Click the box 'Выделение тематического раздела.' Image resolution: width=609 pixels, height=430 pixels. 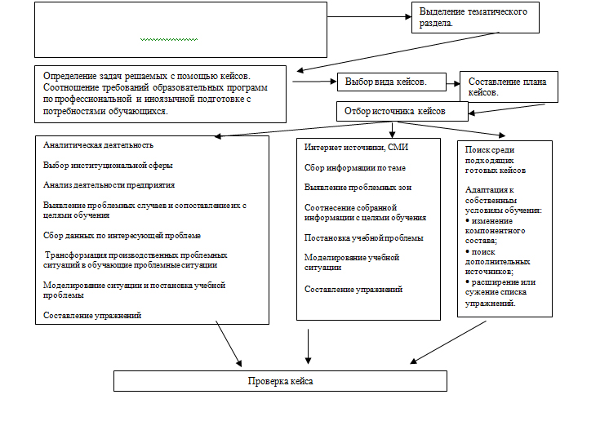coord(475,17)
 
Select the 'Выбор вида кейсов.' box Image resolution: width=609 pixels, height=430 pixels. coord(392,82)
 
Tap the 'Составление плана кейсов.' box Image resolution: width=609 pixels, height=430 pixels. coord(509,87)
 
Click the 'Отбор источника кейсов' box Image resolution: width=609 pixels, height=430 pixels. coord(402,112)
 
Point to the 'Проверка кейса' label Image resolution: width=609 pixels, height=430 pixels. coord(281,381)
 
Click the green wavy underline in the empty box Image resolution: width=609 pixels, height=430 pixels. coord(169,39)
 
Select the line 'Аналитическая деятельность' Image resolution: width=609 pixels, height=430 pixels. coord(98,145)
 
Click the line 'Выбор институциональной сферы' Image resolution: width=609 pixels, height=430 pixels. coord(108,166)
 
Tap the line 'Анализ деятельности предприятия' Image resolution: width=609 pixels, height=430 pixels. coord(109,184)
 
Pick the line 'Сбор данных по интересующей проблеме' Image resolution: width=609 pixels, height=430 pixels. coord(122,236)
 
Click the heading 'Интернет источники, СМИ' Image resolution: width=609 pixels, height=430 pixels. coord(356,148)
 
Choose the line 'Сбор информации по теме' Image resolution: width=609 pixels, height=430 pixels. coord(355,168)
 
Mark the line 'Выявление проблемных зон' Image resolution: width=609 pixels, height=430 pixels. coord(358,188)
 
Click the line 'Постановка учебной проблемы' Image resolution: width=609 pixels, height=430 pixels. coord(364,238)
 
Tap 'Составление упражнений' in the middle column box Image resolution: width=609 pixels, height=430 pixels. coord(353,289)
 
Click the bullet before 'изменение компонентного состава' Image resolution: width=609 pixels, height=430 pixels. coord(467,220)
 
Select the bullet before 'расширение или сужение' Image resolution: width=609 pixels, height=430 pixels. coord(467,281)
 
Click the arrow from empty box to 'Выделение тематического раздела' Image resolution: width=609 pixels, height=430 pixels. coord(369,16)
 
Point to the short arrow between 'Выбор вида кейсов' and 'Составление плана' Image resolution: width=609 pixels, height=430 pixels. coord(453,83)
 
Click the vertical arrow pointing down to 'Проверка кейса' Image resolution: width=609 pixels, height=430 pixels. coord(308,347)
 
